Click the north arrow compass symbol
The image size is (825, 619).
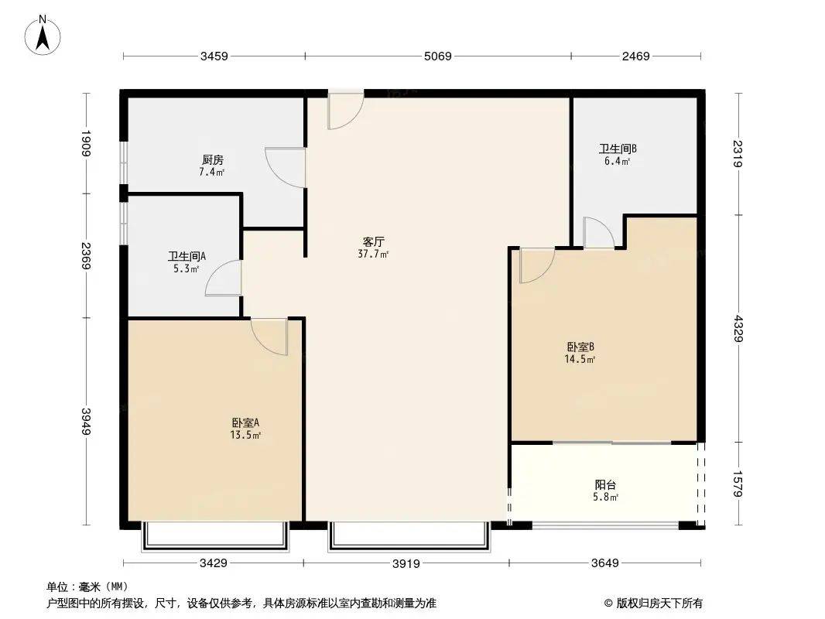point(43,35)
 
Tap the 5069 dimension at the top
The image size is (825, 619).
point(438,56)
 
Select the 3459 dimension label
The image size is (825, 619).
point(214,56)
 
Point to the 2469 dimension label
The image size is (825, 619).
point(635,56)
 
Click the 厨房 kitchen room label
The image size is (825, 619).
point(212,159)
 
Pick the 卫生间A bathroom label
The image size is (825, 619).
point(187,256)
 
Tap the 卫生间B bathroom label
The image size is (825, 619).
point(618,149)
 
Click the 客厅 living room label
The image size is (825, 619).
point(374,242)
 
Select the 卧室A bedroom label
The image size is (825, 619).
point(245,422)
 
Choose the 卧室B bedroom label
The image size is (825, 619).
point(580,347)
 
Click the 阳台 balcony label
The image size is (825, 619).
point(605,484)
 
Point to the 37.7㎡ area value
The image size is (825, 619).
point(373,255)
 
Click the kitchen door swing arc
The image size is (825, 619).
point(286,168)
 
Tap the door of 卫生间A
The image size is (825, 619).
point(224,278)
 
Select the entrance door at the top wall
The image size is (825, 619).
point(346,110)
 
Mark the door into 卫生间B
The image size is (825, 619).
point(599,232)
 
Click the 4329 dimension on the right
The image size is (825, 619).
point(739,328)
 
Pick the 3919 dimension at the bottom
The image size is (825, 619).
point(406,564)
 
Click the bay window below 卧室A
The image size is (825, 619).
point(215,536)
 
